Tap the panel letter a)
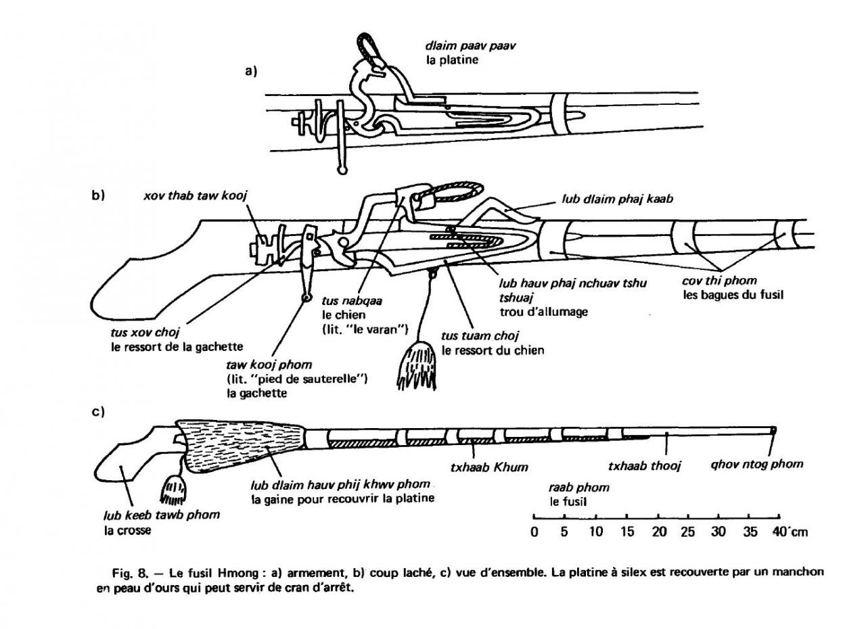(252, 70)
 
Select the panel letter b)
(97, 195)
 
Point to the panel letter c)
(97, 411)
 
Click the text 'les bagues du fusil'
(732, 295)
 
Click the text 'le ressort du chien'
(493, 350)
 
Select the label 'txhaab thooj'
(644, 466)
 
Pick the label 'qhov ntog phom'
(756, 464)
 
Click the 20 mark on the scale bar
(659, 532)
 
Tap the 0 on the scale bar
(534, 532)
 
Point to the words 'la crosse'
(127, 530)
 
